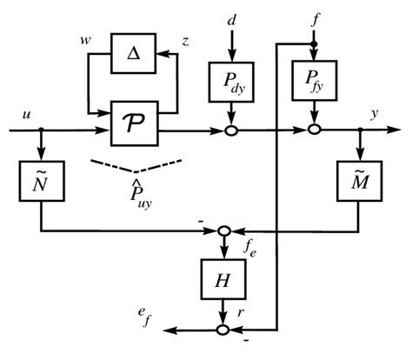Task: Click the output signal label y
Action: pyautogui.click(x=375, y=114)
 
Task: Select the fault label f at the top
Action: pyautogui.click(x=313, y=17)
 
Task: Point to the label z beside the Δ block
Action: pyautogui.click(x=186, y=41)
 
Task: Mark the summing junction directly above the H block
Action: pyautogui.click(x=224, y=231)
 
